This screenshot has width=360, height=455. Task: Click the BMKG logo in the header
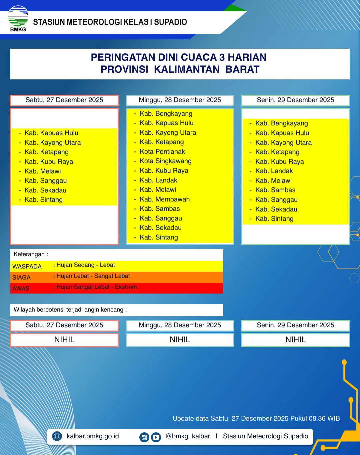pos(18,18)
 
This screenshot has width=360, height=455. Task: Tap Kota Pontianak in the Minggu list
pos(162,151)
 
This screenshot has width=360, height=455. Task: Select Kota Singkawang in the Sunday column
pos(166,161)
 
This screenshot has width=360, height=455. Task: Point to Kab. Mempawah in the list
pos(165,199)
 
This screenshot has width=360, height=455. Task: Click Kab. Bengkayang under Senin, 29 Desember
pos(281,123)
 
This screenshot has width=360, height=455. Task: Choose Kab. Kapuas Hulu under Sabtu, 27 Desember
pos(51,133)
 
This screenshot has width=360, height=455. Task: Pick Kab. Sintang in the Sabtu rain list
pos(43,199)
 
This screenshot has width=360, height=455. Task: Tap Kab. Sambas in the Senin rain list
pos(275,190)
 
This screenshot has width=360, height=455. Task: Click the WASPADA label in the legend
pos(27,266)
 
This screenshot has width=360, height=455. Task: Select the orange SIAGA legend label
pos(21,277)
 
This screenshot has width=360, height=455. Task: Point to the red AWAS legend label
pos(21,288)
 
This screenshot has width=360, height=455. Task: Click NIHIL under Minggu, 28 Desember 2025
pos(180,340)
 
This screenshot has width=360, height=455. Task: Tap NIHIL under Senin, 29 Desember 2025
pos(295,340)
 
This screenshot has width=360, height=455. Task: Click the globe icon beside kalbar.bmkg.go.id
pos(57,436)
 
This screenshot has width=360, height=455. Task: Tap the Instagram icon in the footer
pos(144,437)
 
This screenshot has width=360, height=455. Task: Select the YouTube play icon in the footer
pos(156,437)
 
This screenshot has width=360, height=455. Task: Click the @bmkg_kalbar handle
pos(188,436)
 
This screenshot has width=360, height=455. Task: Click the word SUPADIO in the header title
pos(170,22)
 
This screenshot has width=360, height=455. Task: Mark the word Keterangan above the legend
pos(29,254)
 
